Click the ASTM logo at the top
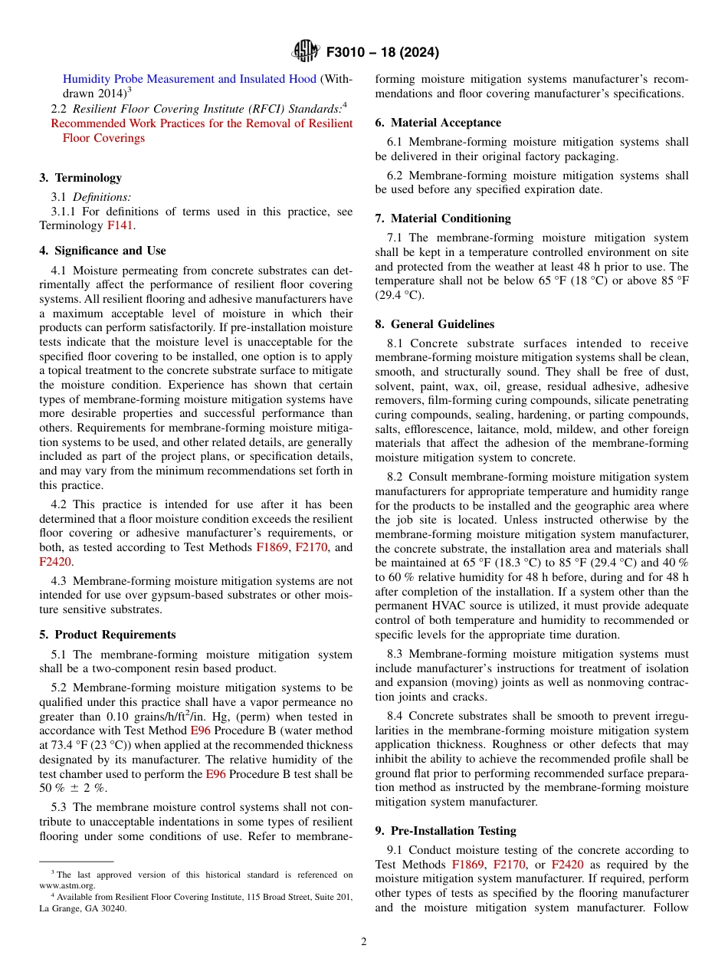(307, 52)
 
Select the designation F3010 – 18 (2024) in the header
(382, 53)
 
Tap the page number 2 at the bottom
(364, 941)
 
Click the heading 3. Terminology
(80, 178)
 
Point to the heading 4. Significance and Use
(103, 251)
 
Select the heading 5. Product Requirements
(107, 635)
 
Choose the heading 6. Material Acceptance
(438, 123)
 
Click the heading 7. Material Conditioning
(443, 218)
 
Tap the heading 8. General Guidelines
(435, 324)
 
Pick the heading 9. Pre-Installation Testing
(445, 831)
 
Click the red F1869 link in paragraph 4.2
(272, 547)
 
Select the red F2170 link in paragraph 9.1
(509, 865)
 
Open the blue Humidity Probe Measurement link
(189, 78)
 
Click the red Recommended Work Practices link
(202, 123)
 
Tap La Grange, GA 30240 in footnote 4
(83, 908)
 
